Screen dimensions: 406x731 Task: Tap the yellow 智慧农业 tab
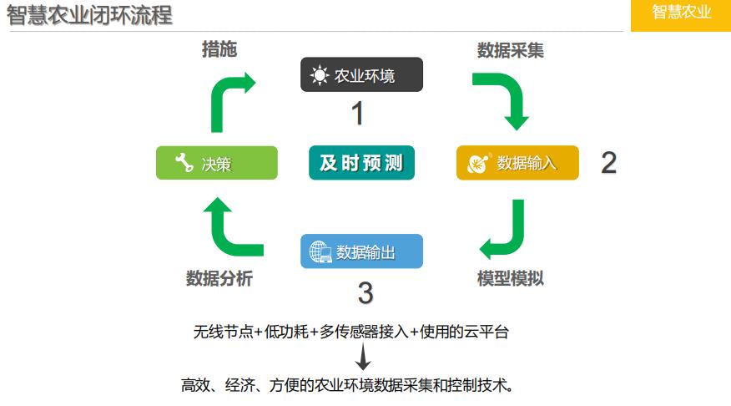tap(681, 13)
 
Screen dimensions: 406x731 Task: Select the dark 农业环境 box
tap(361, 75)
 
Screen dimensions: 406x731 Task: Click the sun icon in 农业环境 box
tap(320, 75)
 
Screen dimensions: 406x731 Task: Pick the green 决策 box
tap(217, 163)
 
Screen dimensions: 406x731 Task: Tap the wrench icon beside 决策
tap(184, 164)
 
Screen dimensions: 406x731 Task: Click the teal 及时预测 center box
tap(361, 163)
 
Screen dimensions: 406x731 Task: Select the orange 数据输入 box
tap(517, 163)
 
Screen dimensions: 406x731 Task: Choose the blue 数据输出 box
tap(361, 251)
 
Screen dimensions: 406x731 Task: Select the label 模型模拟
tap(511, 278)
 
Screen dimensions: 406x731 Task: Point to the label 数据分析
tap(219, 278)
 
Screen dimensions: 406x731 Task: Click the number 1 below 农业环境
tap(357, 114)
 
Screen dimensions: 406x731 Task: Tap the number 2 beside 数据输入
tap(609, 163)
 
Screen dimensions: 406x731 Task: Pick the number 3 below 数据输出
tap(365, 292)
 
